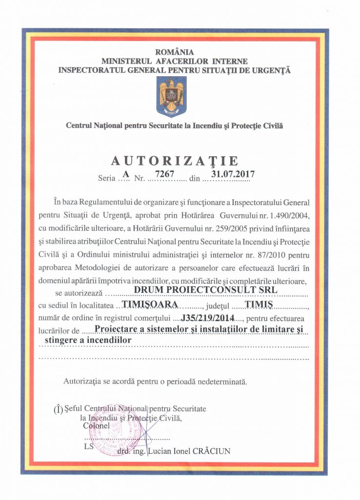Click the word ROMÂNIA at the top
coord(174,52)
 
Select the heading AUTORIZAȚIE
coord(175,161)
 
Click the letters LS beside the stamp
coord(88,446)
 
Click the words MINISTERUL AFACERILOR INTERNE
coord(174,61)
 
